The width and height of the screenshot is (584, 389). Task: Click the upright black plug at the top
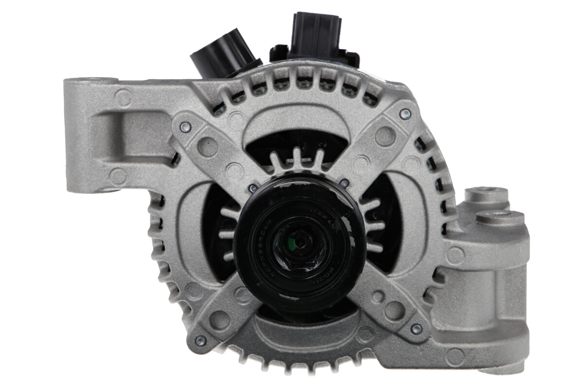click(x=316, y=36)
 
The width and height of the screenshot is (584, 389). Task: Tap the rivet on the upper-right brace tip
click(x=405, y=113)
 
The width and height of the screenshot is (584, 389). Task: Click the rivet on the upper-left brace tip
click(x=185, y=127)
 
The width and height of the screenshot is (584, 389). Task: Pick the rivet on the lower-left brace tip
click(x=200, y=340)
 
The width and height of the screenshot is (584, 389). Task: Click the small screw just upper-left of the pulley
click(x=253, y=187)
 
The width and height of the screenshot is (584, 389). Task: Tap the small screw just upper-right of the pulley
click(x=344, y=183)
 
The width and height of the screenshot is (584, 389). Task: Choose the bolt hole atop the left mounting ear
click(x=92, y=79)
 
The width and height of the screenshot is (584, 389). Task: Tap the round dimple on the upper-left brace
click(x=208, y=146)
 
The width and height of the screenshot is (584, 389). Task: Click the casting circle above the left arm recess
click(x=123, y=98)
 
